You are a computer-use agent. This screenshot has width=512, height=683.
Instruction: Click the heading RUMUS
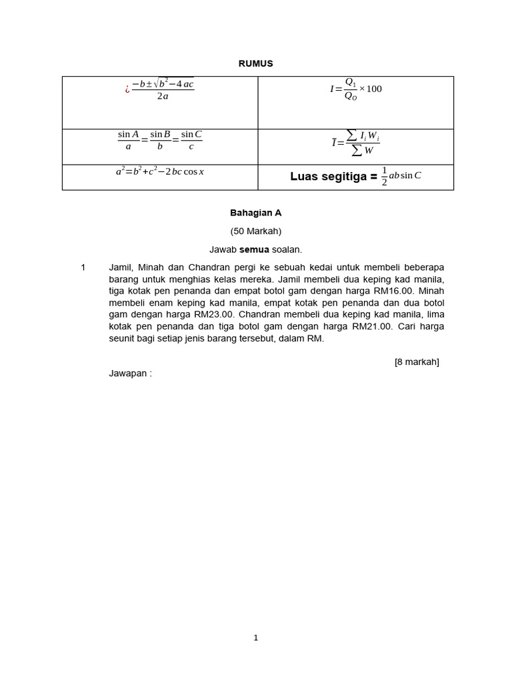pyautogui.click(x=255, y=64)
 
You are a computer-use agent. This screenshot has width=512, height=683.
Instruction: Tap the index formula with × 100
pyautogui.click(x=356, y=89)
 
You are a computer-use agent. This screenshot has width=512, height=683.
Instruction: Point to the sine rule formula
pyautogui.click(x=160, y=140)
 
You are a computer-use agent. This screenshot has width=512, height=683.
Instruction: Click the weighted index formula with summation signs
pyautogui.click(x=356, y=141)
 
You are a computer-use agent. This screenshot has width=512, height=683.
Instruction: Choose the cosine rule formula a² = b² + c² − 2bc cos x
pyautogui.click(x=160, y=172)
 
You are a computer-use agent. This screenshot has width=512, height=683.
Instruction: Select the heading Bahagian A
pyautogui.click(x=255, y=213)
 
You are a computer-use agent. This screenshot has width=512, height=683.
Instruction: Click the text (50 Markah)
pyautogui.click(x=255, y=231)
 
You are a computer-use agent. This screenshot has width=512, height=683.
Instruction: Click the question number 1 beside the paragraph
pyautogui.click(x=83, y=267)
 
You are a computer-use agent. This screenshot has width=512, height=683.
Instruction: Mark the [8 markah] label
pyautogui.click(x=417, y=362)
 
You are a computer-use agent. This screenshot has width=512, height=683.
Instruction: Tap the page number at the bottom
pyautogui.click(x=255, y=638)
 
